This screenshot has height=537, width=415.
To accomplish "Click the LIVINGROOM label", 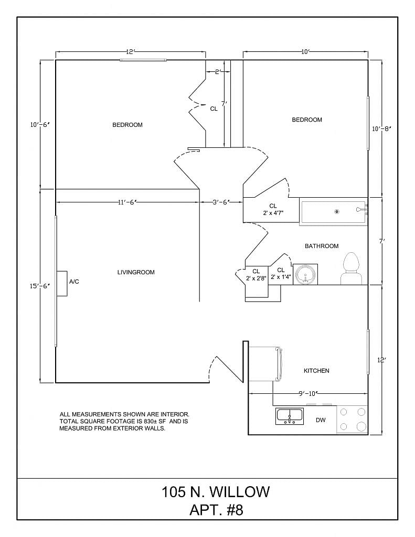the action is tap(136, 272).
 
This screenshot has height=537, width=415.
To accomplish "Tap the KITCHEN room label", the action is tap(316, 371).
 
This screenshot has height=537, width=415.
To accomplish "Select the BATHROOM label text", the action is tap(322, 246).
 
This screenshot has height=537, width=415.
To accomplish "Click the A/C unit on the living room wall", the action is tap(62, 284).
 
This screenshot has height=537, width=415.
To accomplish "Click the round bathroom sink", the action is tap(305, 274).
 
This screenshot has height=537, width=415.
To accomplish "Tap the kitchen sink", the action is tap(290, 416).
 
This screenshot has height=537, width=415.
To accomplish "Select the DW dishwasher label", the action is tap(321, 420).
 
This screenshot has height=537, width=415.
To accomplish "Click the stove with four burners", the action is tap(352, 420).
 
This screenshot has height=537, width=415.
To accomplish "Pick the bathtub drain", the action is tap(336, 212).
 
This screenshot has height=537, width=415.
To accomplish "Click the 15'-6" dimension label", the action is tap(40, 286).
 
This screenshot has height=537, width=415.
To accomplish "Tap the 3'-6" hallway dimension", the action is tap(221, 202).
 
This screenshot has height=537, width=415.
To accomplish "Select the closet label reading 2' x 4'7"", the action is tap(273, 213).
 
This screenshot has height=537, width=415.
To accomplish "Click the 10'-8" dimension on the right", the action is tap(381, 129).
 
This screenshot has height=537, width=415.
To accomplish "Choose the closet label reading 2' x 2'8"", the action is tap(256, 278).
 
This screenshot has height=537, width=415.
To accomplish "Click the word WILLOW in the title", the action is tap(240, 492).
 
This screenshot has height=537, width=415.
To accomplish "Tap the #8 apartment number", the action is tap(235, 510).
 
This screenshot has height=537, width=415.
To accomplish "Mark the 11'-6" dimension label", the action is tap(127, 202).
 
